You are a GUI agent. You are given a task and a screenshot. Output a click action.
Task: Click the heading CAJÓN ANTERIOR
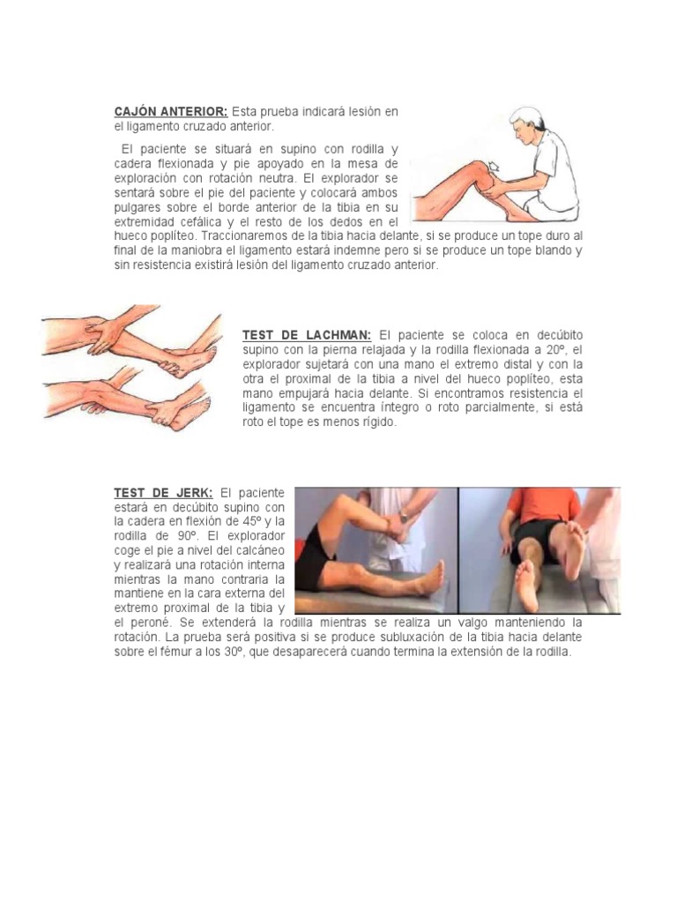[171, 111]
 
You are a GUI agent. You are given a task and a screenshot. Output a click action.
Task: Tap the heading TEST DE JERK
[163, 493]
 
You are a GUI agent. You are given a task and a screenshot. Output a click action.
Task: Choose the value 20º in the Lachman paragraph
[556, 350]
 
